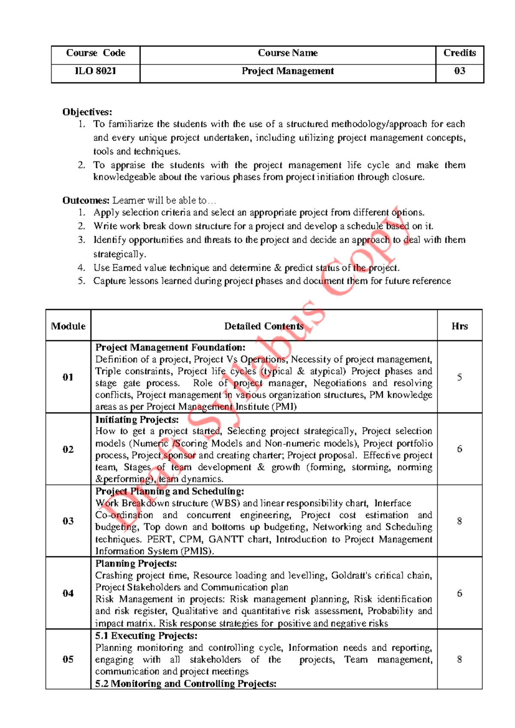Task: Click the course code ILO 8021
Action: pyautogui.click(x=95, y=71)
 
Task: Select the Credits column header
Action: pyautogui.click(x=459, y=53)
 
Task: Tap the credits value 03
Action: pyautogui.click(x=459, y=71)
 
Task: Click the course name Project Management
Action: pyautogui.click(x=288, y=71)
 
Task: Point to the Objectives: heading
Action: pyautogui.click(x=87, y=112)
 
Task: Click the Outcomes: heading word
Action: pyautogui.click(x=86, y=200)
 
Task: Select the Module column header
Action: pyautogui.click(x=68, y=326)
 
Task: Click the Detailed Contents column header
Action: pyautogui.click(x=264, y=326)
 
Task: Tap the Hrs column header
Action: pyautogui.click(x=459, y=326)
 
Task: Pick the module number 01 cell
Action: pyautogui.click(x=68, y=377)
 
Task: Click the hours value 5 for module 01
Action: pyautogui.click(x=459, y=377)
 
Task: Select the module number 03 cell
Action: pyautogui.click(x=68, y=521)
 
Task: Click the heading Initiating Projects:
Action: pyautogui.click(x=137, y=419)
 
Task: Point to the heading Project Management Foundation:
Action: pyautogui.click(x=170, y=347)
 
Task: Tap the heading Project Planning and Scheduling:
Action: pyautogui.click(x=170, y=491)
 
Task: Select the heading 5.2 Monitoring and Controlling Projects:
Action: pyautogui.click(x=186, y=683)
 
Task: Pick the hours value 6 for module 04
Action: pyautogui.click(x=459, y=593)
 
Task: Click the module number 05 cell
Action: pyautogui.click(x=68, y=659)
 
